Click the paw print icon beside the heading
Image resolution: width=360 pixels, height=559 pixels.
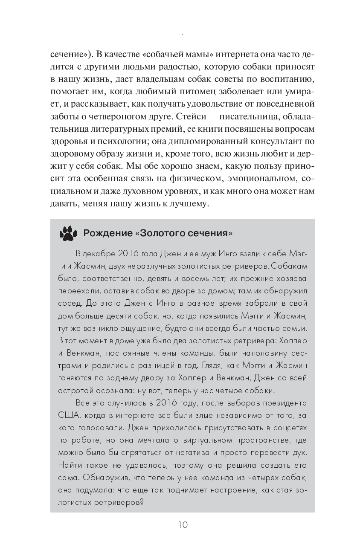click(x=67, y=233)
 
